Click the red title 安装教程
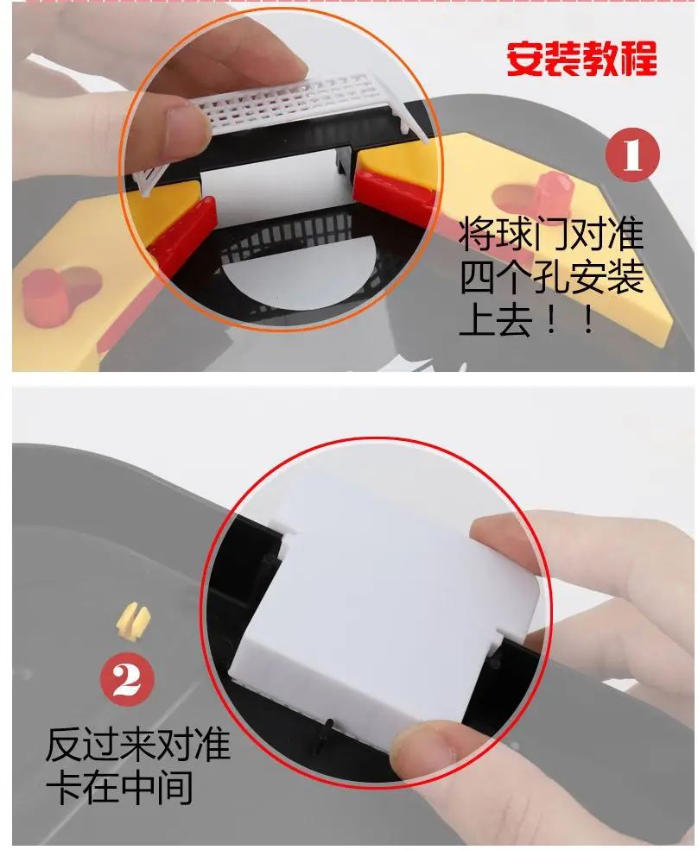(x=581, y=58)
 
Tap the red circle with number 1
(x=632, y=155)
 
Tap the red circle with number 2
(x=127, y=678)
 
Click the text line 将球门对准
(x=551, y=234)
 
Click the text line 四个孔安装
(x=552, y=277)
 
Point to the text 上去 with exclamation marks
(x=527, y=320)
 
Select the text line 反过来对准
(x=138, y=744)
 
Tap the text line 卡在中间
(x=119, y=787)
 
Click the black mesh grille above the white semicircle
(x=288, y=237)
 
